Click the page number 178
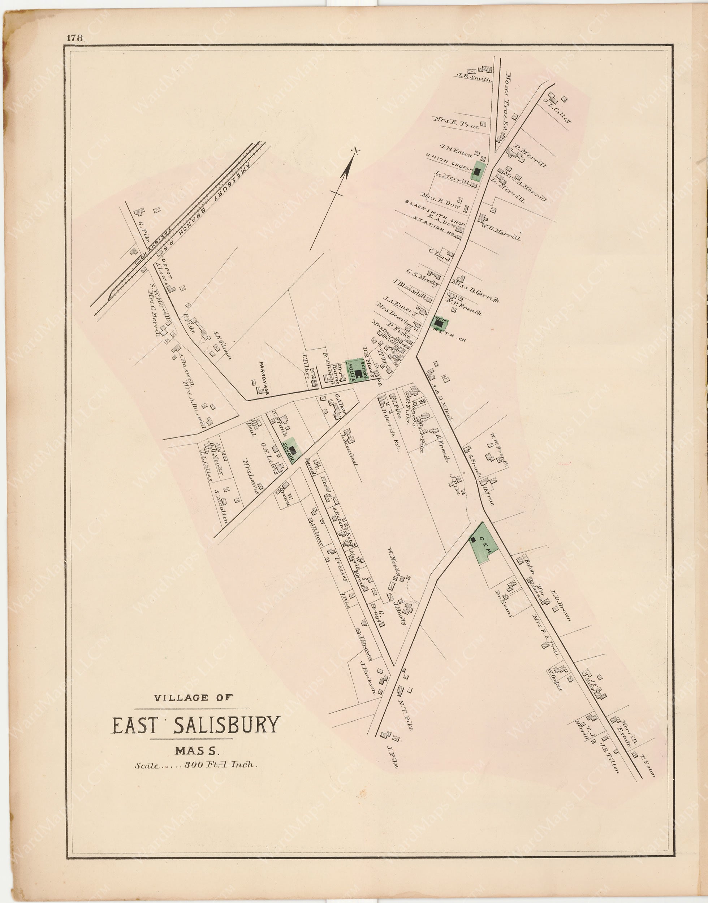tap(75, 38)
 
